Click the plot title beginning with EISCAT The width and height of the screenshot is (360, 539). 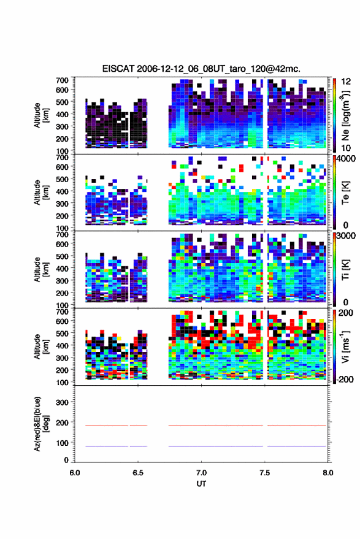click(201, 69)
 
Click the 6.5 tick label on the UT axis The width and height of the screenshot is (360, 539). click(138, 473)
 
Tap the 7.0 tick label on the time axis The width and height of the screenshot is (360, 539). click(202, 473)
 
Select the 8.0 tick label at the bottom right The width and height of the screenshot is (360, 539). click(327, 473)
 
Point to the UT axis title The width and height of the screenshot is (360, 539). click(202, 484)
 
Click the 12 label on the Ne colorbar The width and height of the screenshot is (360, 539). click(346, 82)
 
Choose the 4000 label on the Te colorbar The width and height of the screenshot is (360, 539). click(345, 159)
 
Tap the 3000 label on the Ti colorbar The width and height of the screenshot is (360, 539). click(345, 236)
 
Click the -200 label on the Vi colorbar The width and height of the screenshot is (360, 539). click(345, 380)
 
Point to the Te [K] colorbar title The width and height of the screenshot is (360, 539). click(345, 193)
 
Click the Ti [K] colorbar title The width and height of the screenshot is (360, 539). click(345, 270)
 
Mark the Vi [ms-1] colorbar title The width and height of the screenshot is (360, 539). click(345, 346)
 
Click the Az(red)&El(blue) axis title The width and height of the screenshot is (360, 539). click(40, 424)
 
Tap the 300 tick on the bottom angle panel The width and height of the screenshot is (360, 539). click(62, 402)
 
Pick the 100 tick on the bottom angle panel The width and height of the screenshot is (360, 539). click(62, 443)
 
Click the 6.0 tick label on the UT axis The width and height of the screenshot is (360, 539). click(75, 473)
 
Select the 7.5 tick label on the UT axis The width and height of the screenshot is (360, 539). click(264, 473)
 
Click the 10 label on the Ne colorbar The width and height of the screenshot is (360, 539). click(346, 148)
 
